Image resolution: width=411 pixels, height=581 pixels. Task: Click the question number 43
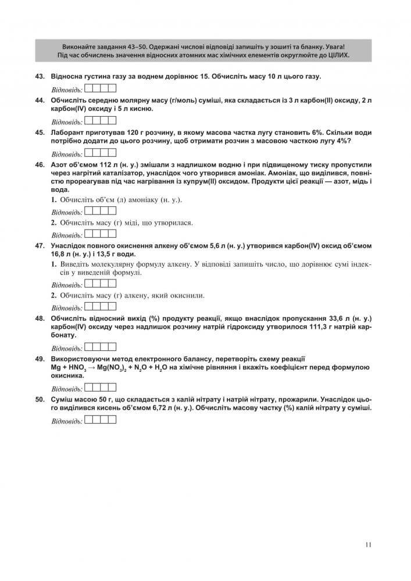(40, 77)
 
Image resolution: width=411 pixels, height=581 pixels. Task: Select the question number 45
(40, 132)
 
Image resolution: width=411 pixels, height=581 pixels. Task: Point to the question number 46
(40, 164)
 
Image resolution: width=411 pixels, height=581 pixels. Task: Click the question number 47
(40, 246)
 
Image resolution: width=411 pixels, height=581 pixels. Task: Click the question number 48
(40, 318)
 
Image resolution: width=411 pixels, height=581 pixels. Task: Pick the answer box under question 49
(101, 388)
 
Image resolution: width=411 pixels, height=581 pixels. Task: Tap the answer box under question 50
(101, 419)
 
